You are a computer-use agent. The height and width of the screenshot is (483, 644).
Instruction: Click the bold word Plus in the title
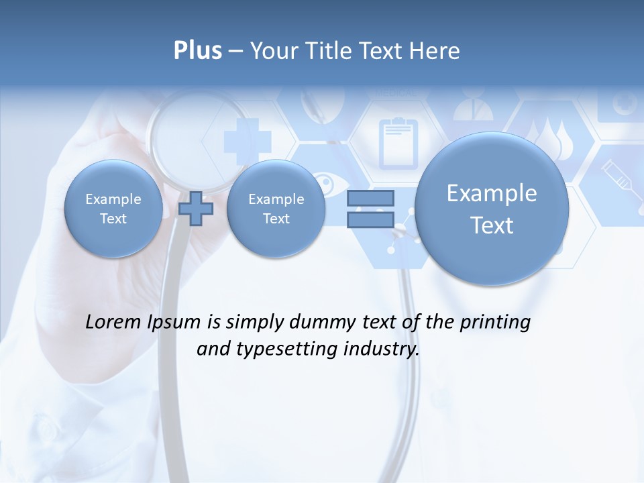click(197, 50)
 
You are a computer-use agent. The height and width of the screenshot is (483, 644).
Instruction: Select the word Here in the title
click(435, 51)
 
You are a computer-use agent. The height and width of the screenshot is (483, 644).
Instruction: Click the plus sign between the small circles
click(196, 209)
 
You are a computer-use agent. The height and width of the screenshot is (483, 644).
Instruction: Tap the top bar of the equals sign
click(370, 198)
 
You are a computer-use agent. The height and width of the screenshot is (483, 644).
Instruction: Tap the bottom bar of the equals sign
click(370, 219)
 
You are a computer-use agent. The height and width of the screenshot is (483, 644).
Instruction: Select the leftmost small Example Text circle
click(113, 209)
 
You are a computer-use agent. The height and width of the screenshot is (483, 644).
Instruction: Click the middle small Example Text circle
click(276, 209)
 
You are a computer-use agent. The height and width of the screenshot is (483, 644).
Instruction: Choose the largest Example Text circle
click(492, 209)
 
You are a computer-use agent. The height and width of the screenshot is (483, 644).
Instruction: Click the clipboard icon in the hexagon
click(398, 142)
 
